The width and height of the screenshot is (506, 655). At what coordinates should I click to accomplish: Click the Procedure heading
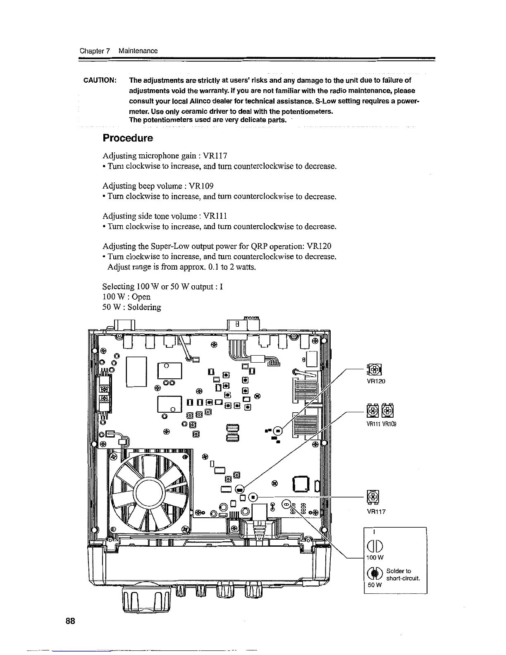coord(128,138)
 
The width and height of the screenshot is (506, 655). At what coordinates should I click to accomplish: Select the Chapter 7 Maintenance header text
coord(119,51)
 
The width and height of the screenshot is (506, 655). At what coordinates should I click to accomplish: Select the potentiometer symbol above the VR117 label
coord(373,497)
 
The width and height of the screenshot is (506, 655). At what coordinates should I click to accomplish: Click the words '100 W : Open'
coord(126,297)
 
